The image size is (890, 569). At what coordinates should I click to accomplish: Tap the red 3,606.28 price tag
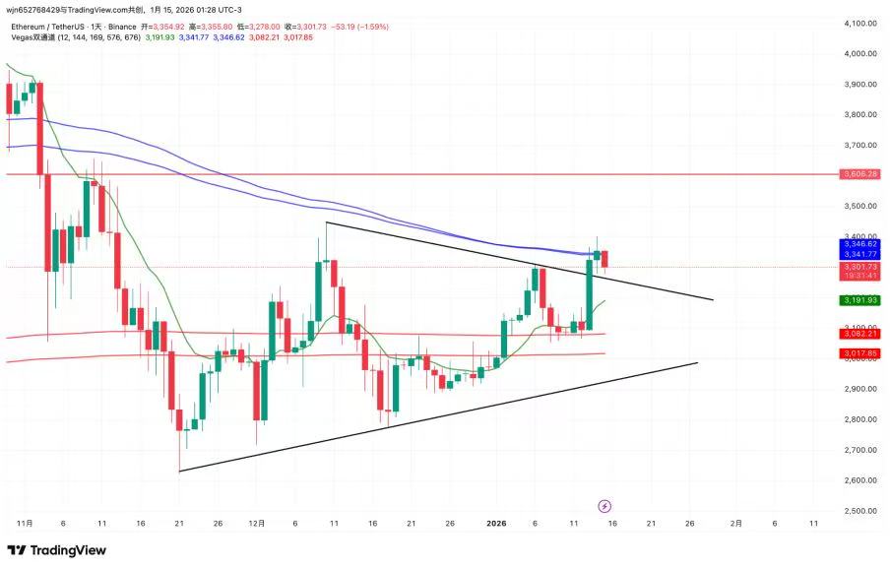pos(859,174)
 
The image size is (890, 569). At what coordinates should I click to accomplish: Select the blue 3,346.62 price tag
pos(859,244)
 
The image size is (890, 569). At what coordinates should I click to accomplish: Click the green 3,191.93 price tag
pos(859,300)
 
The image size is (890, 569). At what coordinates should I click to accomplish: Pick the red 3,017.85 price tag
pos(859,353)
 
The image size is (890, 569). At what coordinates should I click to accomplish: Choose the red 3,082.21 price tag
pos(859,334)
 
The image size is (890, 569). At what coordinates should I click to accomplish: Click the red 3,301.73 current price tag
pos(859,267)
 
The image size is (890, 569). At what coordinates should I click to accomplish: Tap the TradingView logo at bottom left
pos(57,550)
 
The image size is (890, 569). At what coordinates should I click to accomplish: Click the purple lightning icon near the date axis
pos(604,506)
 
